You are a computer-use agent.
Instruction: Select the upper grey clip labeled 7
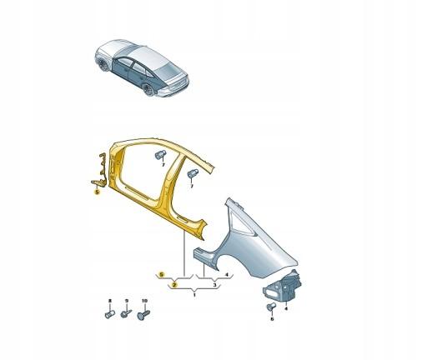[159, 155]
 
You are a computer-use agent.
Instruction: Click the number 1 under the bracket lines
[194, 293]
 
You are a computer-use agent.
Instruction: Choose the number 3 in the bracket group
[214, 285]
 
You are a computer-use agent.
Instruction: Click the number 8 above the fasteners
[109, 300]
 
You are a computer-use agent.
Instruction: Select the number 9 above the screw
[126, 300]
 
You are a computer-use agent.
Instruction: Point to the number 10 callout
[144, 300]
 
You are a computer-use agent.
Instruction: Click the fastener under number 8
[109, 315]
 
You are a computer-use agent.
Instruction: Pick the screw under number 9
[126, 315]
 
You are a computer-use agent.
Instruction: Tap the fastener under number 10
[144, 315]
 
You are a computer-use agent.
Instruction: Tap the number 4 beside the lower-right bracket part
[285, 307]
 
